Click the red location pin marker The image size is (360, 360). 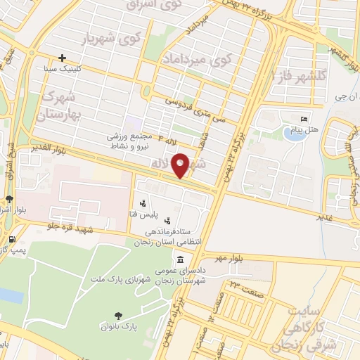click(181, 166)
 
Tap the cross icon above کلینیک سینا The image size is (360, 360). click(63, 58)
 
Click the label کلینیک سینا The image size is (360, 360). click(63, 68)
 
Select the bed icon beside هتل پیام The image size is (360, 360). click(304, 120)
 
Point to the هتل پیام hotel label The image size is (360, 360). click(304, 130)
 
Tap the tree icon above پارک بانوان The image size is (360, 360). click(117, 316)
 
